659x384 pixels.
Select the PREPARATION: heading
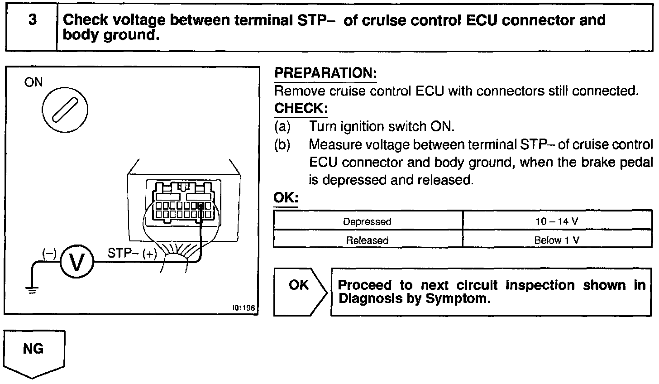point(325,73)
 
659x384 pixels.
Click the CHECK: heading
point(301,109)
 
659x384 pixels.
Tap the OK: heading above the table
point(286,198)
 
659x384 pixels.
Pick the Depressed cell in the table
point(367,221)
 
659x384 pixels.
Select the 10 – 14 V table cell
point(557,221)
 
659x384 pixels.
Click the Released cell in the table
point(367,240)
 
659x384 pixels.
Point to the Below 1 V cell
point(557,240)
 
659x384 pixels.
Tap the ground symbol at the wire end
point(31,290)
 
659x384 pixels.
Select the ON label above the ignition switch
point(33,82)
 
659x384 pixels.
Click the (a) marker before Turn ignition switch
point(282,126)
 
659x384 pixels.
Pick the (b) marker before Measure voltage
point(282,144)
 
